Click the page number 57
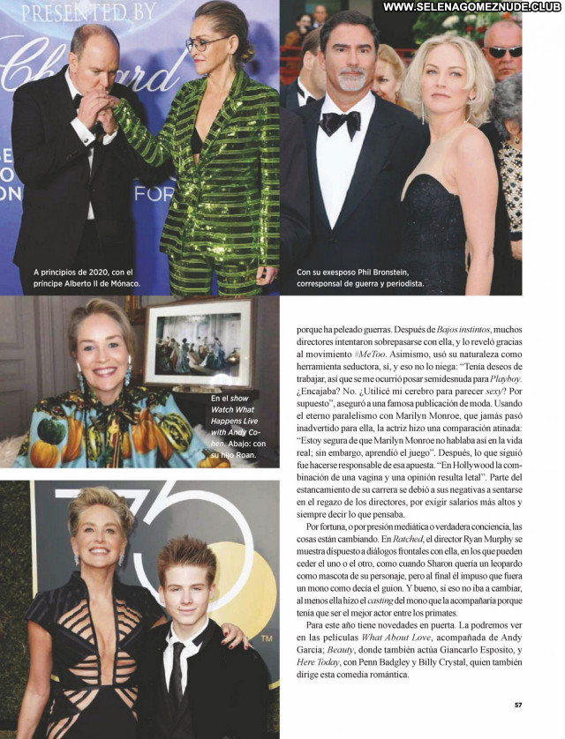tap(518, 705)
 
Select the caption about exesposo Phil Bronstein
tap(360, 278)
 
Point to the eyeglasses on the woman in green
tap(205, 43)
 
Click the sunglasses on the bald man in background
tap(504, 52)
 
